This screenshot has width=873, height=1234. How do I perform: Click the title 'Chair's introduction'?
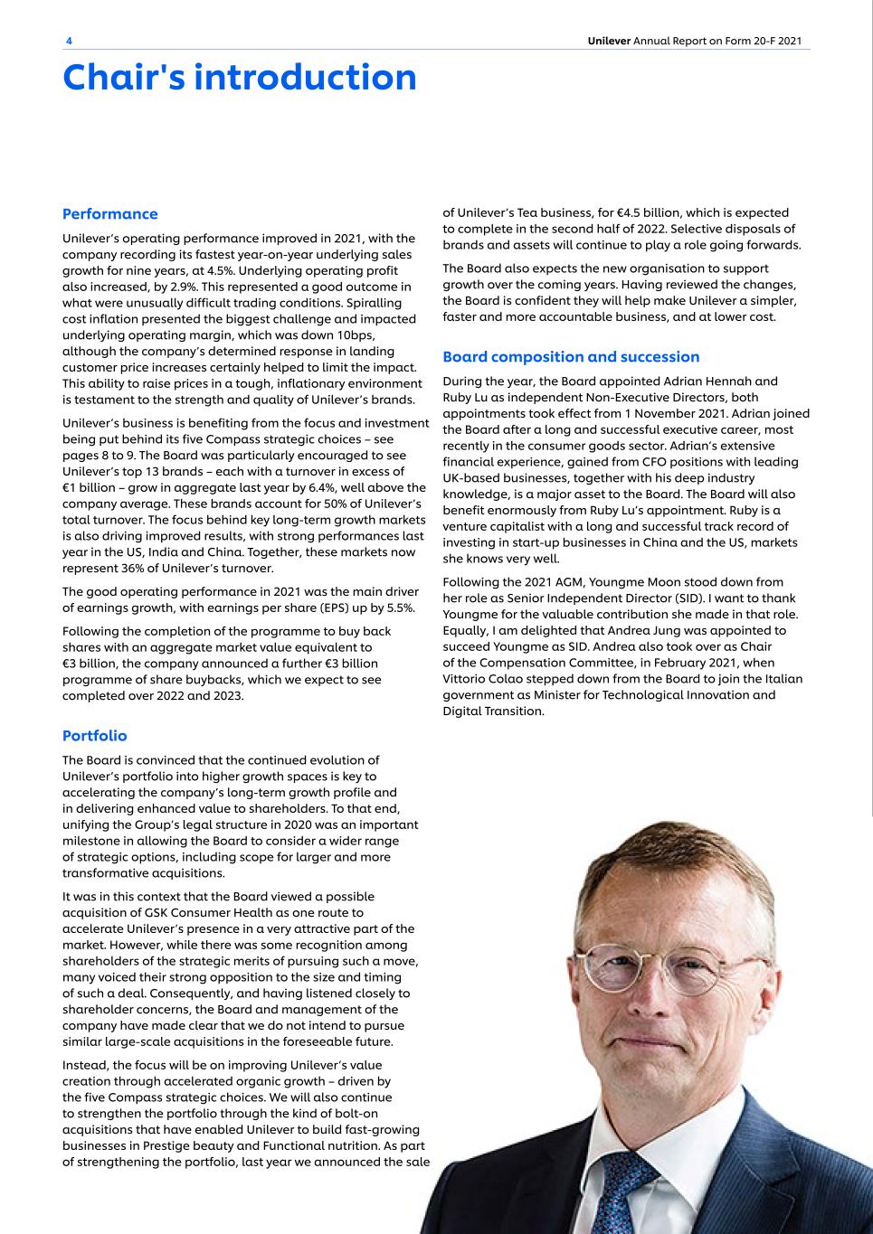click(240, 78)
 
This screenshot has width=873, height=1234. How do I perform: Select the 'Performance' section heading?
click(109, 214)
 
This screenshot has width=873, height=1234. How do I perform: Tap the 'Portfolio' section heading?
click(94, 736)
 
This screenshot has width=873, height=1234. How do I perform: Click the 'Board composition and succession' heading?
click(571, 357)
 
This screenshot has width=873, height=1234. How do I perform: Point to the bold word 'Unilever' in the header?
click(609, 42)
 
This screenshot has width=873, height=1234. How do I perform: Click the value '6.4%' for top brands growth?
click(327, 487)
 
